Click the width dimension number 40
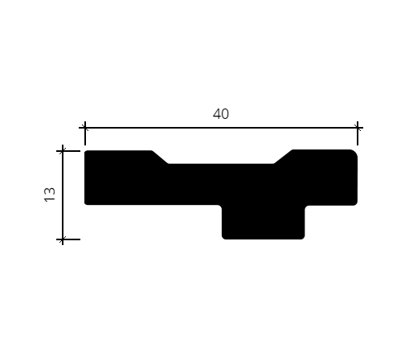pos(221,114)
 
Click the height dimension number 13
pos(50,194)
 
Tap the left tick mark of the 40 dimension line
pos(85,128)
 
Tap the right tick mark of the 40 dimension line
pos(358,128)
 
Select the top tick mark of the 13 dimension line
pos(63,151)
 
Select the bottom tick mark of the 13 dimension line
pos(63,239)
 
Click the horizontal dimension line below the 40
pos(221,128)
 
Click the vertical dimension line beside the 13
pos(63,194)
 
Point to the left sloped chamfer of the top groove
pos(160,157)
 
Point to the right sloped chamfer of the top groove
pos(283,157)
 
